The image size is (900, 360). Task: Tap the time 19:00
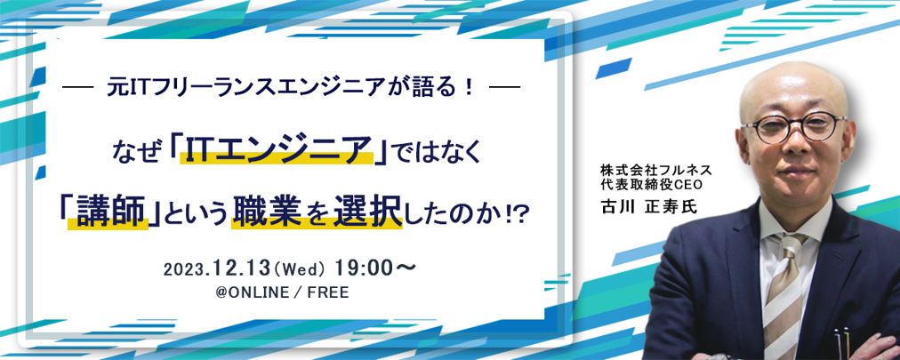coord(359,268)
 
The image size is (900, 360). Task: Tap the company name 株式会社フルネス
coord(656,171)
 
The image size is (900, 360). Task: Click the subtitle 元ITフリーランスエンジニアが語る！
coord(291,89)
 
